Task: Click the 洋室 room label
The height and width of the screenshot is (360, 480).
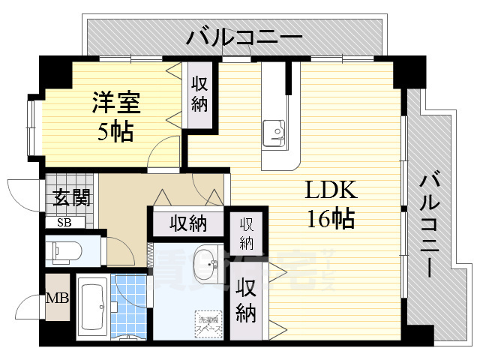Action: [113, 101]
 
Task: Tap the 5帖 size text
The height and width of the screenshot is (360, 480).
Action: [114, 132]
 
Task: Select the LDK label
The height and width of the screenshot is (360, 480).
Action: [330, 190]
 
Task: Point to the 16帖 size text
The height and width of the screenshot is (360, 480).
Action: [330, 219]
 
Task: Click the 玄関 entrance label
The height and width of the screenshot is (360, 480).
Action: [71, 199]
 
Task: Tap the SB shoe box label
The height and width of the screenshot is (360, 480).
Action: [64, 223]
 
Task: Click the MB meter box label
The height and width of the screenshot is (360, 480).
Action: [58, 298]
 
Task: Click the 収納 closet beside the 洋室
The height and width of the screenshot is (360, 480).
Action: [199, 95]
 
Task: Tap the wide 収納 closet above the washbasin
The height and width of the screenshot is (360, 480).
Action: [188, 223]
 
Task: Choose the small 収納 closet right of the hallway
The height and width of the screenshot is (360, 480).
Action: [247, 232]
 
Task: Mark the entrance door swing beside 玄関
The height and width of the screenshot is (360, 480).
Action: [22, 196]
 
